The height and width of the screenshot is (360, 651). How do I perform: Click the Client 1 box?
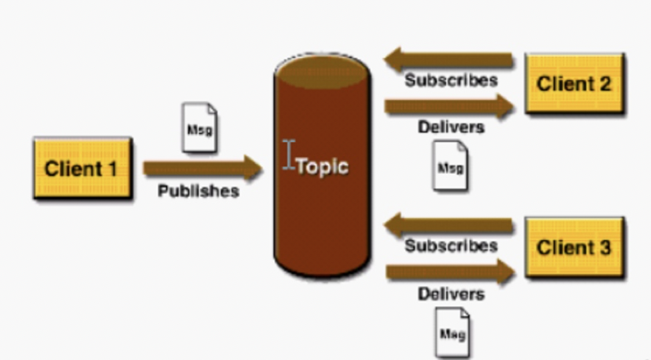click(x=82, y=168)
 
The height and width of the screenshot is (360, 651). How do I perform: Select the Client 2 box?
click(x=574, y=84)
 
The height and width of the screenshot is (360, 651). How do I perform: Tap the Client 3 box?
click(x=574, y=247)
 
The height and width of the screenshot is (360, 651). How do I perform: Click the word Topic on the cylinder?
click(x=322, y=166)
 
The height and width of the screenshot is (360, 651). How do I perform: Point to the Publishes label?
click(x=198, y=191)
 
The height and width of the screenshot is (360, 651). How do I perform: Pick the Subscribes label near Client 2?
click(x=451, y=81)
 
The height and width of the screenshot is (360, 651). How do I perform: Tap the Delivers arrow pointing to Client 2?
click(x=449, y=106)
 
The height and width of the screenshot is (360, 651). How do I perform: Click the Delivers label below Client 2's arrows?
click(x=451, y=127)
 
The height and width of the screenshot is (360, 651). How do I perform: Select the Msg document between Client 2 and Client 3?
click(x=450, y=167)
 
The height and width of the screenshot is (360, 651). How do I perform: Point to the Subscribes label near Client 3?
click(x=451, y=245)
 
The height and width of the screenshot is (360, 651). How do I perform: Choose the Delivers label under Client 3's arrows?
click(x=451, y=293)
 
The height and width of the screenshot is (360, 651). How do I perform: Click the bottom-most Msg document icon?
click(x=452, y=332)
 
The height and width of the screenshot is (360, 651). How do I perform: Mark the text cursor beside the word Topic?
click(x=288, y=155)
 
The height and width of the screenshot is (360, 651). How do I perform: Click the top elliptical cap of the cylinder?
click(x=321, y=69)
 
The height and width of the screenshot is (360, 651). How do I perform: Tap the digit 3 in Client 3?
click(x=604, y=247)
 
